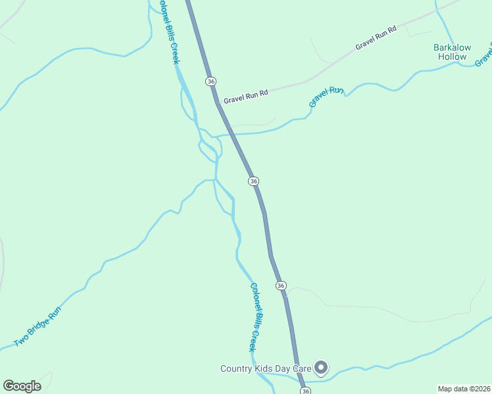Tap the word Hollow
click(x=452, y=57)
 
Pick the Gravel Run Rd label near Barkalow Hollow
click(x=376, y=38)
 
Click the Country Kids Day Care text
click(x=266, y=368)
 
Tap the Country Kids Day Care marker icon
click(x=321, y=368)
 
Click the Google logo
click(x=22, y=386)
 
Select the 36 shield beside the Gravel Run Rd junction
click(x=210, y=81)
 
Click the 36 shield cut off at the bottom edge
click(x=305, y=391)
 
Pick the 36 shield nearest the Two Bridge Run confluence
click(x=253, y=181)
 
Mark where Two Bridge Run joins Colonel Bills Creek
click(x=214, y=179)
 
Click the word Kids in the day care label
click(x=265, y=368)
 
